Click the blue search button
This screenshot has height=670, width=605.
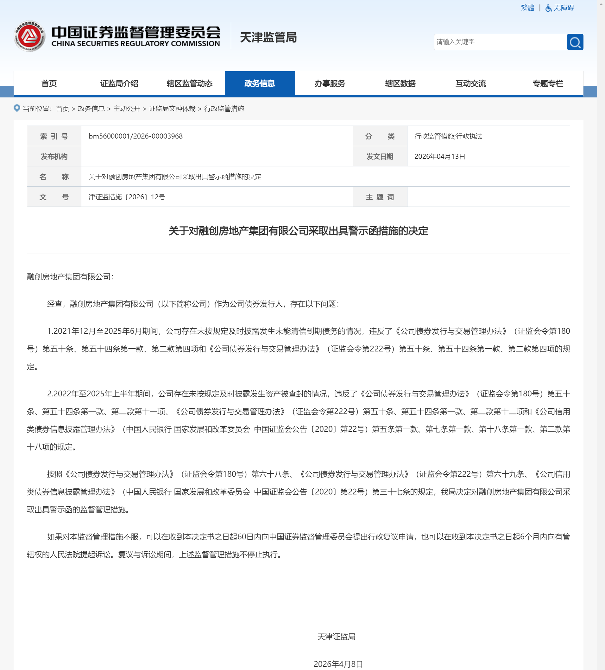[575, 42]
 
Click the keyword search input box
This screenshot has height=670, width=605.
[500, 42]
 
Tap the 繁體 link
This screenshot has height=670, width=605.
[527, 8]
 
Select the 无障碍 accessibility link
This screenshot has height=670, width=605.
[560, 8]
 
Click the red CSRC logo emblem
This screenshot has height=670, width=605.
[29, 36]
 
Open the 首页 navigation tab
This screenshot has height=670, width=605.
[49, 84]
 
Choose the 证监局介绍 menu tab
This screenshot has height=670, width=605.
[119, 84]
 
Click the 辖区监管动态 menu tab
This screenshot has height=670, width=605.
[189, 84]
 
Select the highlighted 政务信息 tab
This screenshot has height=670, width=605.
[260, 84]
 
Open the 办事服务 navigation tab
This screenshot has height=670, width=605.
[330, 84]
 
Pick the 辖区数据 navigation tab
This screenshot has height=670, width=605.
[400, 84]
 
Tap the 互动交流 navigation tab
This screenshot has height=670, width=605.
[470, 84]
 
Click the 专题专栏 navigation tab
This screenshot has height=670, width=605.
[547, 84]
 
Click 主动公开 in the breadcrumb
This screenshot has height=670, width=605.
[127, 109]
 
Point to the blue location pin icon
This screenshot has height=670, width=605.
[16, 108]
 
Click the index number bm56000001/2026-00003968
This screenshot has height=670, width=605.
[135, 136]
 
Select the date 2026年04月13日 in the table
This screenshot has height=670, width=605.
[439, 157]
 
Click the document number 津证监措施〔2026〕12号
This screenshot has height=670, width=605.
[127, 197]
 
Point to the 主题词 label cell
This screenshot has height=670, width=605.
[380, 197]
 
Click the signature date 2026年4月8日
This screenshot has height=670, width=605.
[338, 664]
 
